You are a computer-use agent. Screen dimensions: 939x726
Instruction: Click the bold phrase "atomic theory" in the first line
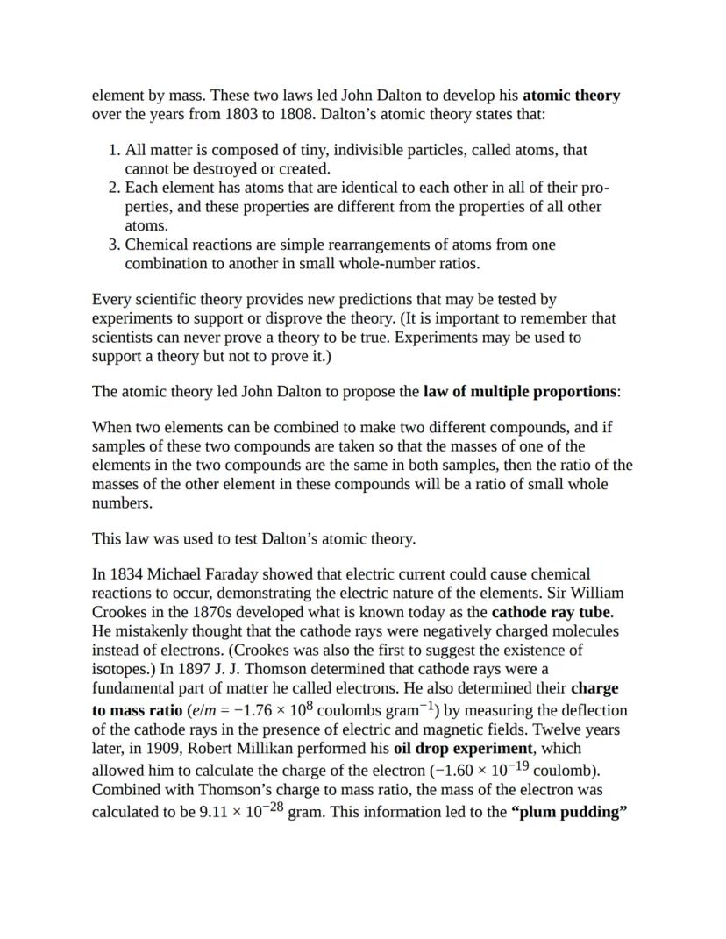571,96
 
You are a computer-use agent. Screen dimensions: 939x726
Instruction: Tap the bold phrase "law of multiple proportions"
521,392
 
